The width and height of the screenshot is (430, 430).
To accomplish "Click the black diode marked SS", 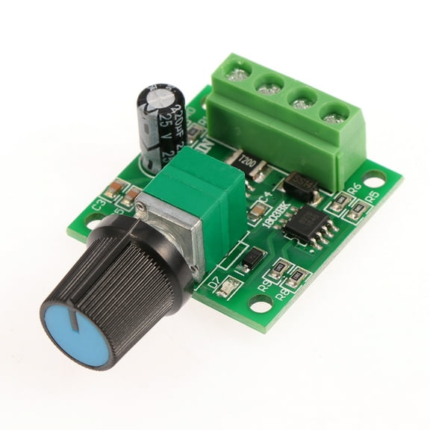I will (x=299, y=186).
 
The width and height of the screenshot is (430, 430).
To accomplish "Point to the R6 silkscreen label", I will (x=355, y=187).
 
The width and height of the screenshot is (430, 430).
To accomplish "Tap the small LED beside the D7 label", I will (x=226, y=288).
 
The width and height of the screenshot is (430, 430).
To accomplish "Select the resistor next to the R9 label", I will (x=280, y=269).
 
